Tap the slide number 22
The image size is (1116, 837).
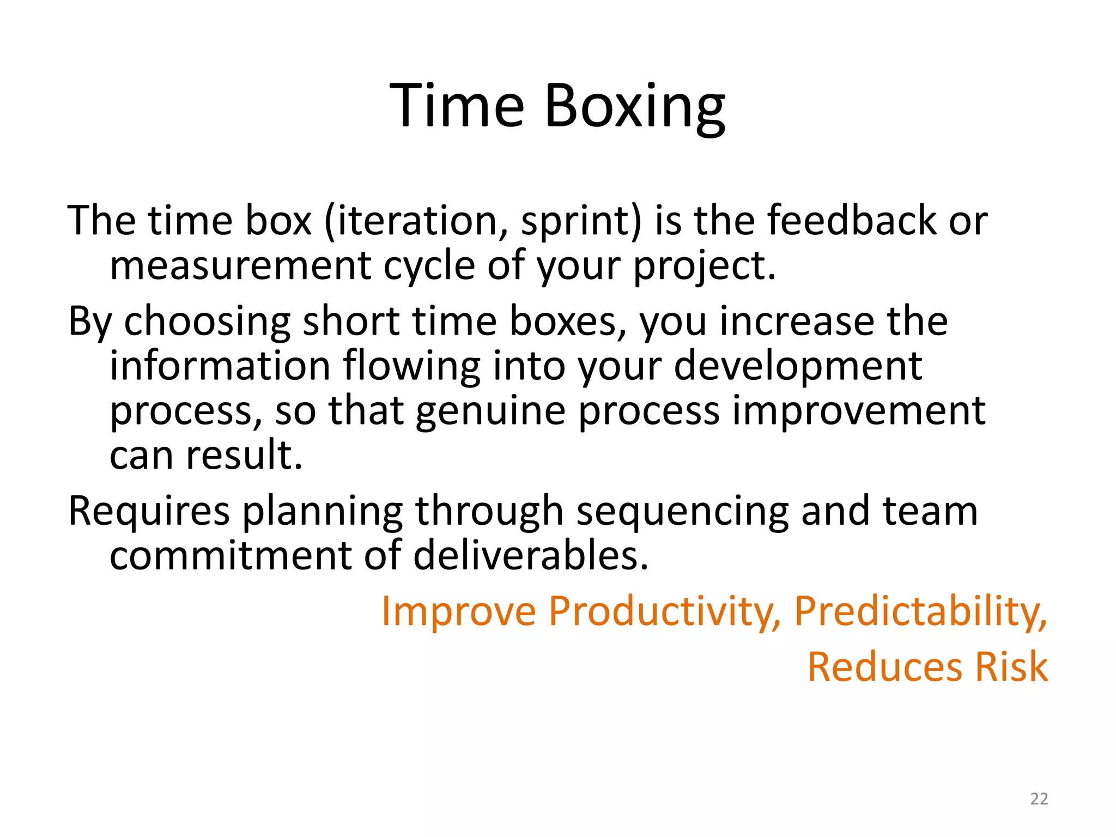click(1039, 799)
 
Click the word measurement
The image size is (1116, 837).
click(240, 266)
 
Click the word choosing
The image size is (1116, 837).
click(208, 322)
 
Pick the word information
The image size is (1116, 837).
click(220, 366)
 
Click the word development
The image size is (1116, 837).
click(798, 367)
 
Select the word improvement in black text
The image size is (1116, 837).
click(858, 411)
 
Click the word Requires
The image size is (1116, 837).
click(149, 512)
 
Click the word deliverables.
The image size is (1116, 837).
click(531, 556)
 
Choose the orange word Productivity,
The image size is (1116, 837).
click(664, 611)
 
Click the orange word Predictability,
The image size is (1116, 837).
click(920, 611)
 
